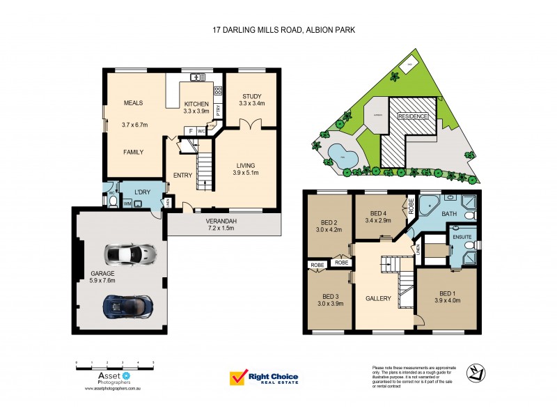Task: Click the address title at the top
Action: point(278,30)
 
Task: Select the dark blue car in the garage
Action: point(127,304)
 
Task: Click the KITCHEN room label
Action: point(196,104)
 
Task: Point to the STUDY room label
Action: point(251,96)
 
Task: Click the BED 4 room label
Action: point(378,213)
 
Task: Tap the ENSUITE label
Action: point(462,237)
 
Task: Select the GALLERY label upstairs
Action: point(378,298)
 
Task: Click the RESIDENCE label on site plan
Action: point(413,116)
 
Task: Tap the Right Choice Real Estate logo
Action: point(264,378)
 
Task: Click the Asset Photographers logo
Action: point(103,379)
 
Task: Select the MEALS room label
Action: point(133,103)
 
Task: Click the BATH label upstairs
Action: point(448,215)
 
